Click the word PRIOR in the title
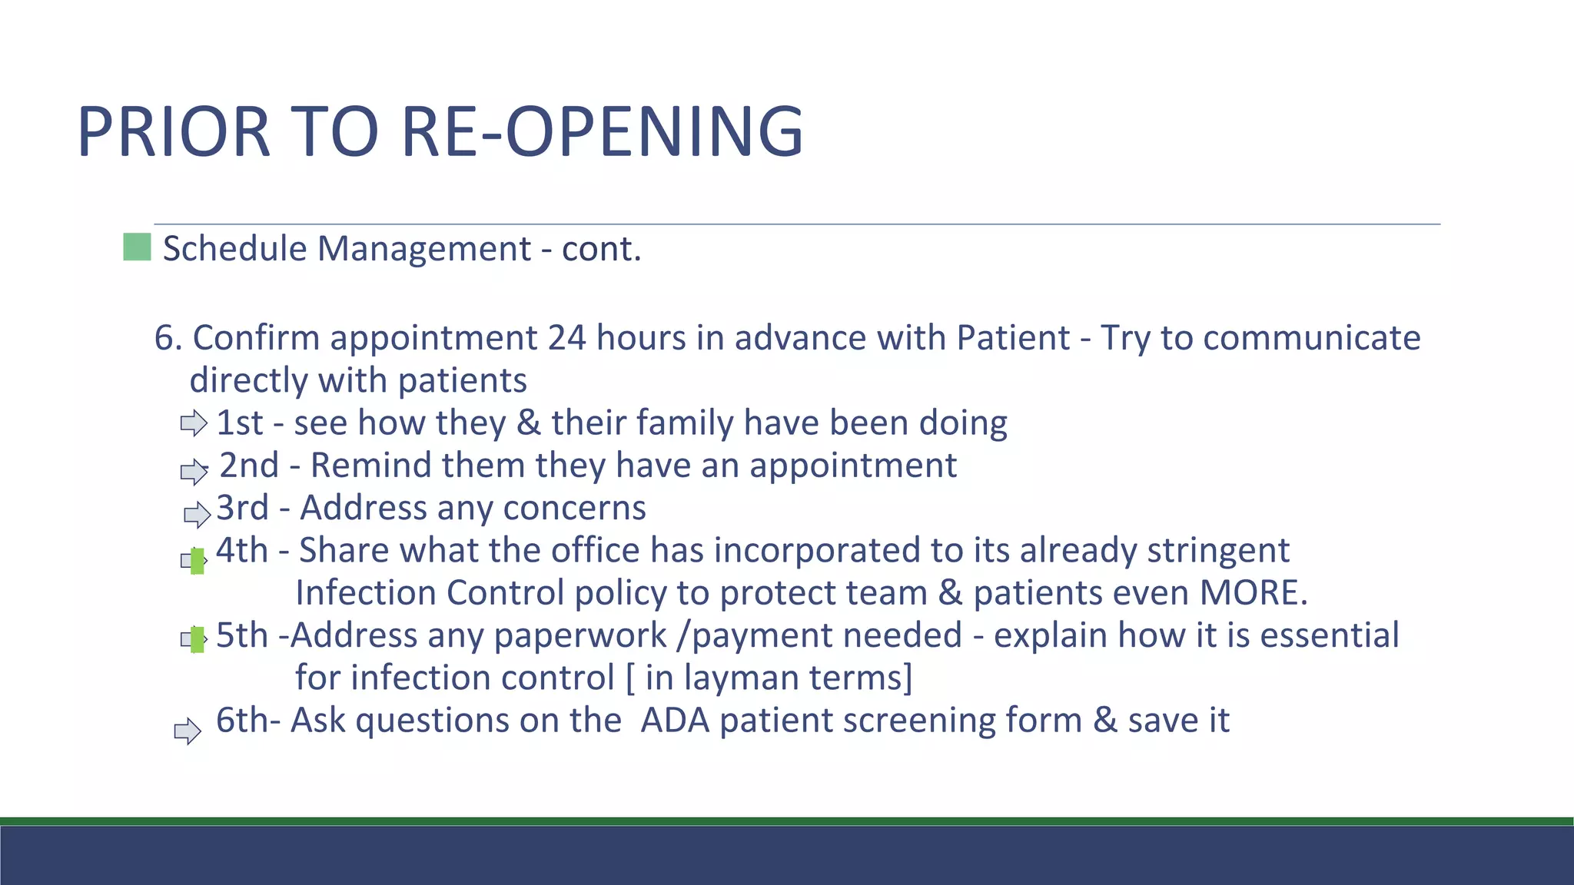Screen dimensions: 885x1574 click(x=173, y=132)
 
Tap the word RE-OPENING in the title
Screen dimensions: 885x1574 click(x=602, y=132)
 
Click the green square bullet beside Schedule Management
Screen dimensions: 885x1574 click(x=137, y=247)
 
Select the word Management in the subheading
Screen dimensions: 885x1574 click(x=423, y=249)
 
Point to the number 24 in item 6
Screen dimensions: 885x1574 click(x=567, y=338)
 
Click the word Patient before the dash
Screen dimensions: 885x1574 click(x=1013, y=338)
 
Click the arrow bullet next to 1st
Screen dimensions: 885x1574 click(x=194, y=423)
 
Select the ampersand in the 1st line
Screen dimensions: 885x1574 click(x=528, y=423)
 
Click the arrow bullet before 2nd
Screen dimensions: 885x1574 click(x=194, y=471)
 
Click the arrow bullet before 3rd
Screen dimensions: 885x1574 click(x=197, y=514)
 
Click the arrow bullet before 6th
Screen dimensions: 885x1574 click(x=188, y=731)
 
